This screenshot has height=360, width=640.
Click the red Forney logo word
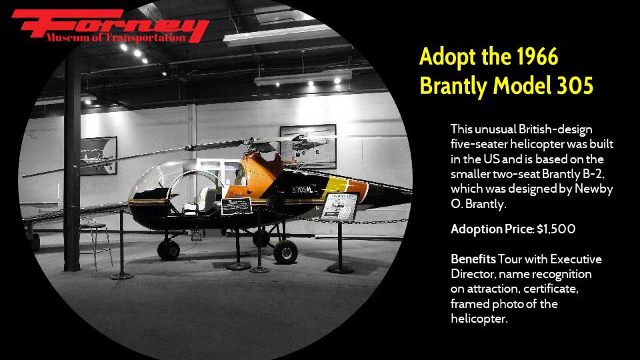click(x=110, y=24)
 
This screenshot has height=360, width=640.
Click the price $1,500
click(x=556, y=229)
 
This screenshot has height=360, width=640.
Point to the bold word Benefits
click(x=473, y=259)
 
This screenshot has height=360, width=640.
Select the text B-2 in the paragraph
click(x=593, y=174)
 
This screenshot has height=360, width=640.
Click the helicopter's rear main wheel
click(x=285, y=252)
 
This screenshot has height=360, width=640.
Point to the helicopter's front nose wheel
click(x=169, y=250)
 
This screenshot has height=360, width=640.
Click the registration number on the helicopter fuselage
click(x=303, y=190)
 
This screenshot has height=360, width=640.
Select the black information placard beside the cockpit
click(x=236, y=206)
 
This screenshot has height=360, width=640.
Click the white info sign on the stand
click(x=339, y=207)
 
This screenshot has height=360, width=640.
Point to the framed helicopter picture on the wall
click(x=308, y=146)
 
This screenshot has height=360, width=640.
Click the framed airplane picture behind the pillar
click(x=99, y=155)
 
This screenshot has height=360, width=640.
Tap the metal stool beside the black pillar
click(x=96, y=243)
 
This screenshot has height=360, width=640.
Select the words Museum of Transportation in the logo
click(x=115, y=38)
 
